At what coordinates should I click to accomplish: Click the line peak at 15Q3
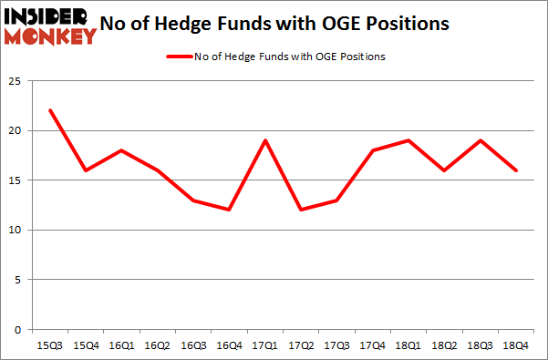coord(50,110)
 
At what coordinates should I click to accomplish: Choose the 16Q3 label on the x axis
coord(191,345)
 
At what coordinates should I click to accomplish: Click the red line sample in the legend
coord(179,57)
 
